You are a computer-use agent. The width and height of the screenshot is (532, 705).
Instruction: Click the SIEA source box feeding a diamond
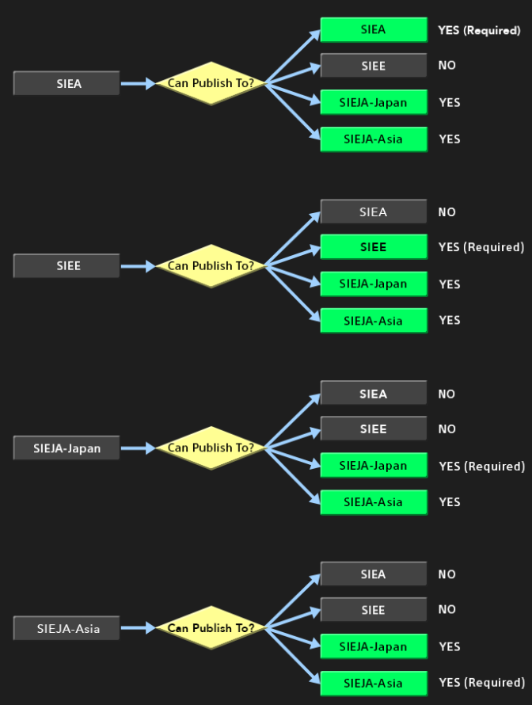click(66, 83)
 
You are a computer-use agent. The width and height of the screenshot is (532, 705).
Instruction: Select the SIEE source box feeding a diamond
click(66, 266)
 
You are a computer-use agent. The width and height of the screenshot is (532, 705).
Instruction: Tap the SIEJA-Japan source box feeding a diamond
click(66, 448)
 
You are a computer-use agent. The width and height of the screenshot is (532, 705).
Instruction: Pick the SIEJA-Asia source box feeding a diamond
click(66, 629)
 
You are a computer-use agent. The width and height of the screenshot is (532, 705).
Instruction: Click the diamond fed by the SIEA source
click(210, 82)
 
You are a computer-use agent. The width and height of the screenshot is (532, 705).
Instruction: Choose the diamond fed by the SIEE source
click(210, 266)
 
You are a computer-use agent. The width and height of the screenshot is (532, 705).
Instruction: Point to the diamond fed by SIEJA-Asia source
click(210, 628)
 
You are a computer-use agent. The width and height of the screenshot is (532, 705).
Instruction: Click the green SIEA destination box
click(374, 30)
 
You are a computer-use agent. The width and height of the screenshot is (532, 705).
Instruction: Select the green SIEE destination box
click(374, 247)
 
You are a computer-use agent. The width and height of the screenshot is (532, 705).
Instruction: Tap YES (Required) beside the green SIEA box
click(479, 31)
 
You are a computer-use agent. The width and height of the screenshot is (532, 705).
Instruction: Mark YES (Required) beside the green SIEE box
click(481, 247)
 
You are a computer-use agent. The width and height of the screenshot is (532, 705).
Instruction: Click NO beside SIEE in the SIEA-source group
click(447, 65)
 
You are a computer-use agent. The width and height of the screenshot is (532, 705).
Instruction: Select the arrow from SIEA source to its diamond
click(138, 83)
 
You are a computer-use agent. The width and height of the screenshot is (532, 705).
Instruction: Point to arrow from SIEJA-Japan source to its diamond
click(138, 448)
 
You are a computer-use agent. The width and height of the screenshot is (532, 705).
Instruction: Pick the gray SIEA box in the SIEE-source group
click(374, 212)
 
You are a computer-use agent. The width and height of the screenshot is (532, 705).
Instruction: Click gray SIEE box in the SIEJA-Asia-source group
click(374, 610)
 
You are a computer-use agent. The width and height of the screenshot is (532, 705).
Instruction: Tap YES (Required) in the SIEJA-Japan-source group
click(481, 466)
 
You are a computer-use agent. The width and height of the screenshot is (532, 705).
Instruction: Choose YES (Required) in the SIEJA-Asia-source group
click(481, 683)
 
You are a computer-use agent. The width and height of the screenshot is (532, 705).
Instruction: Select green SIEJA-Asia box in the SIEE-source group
click(374, 321)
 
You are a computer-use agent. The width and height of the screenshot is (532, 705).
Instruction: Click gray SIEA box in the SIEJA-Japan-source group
click(374, 394)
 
